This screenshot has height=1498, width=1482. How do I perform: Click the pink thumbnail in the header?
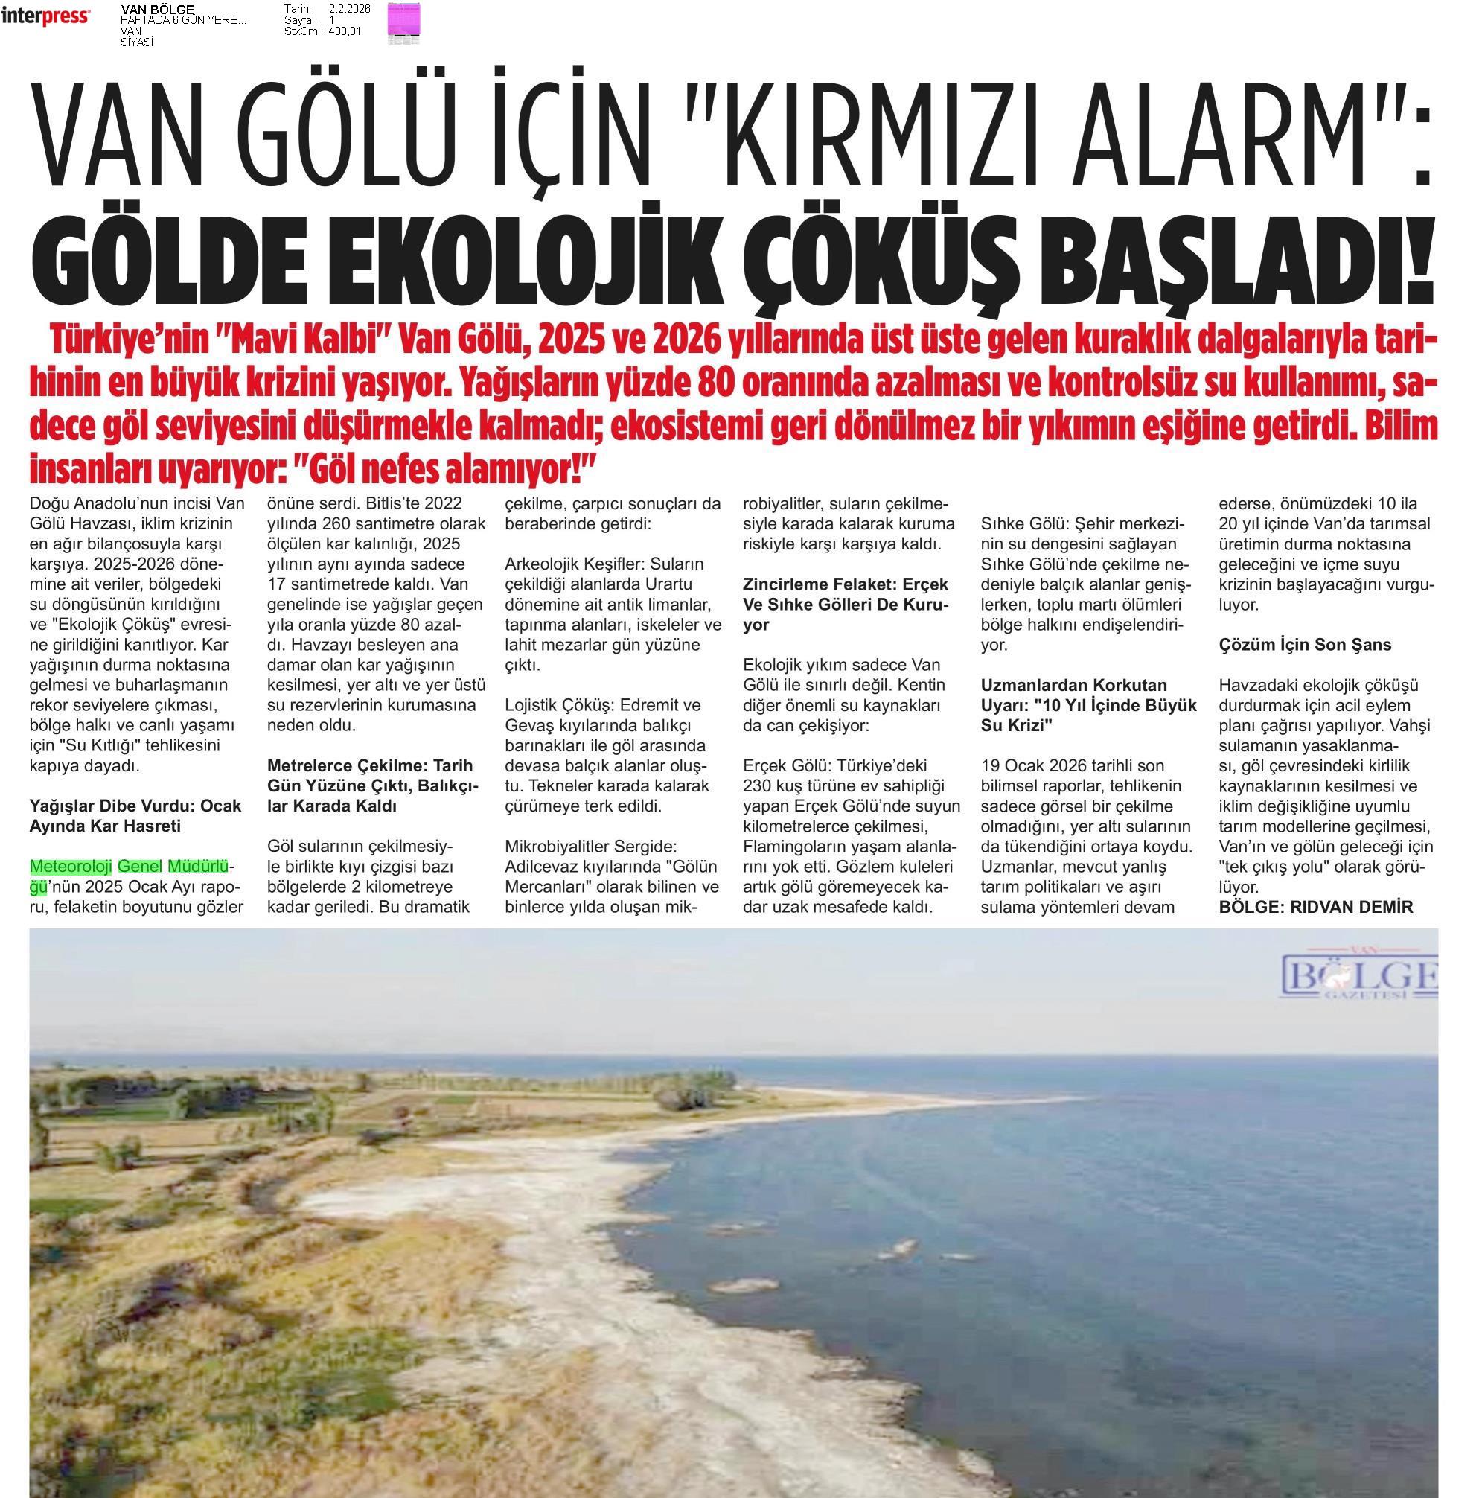pos(404,19)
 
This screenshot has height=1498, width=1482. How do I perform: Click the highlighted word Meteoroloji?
pos(71,866)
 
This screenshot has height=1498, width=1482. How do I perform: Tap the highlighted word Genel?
pos(139,866)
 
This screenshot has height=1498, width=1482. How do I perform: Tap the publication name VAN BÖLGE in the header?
pos(157,9)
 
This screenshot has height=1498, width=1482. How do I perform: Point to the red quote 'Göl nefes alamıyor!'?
pos(445,468)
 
